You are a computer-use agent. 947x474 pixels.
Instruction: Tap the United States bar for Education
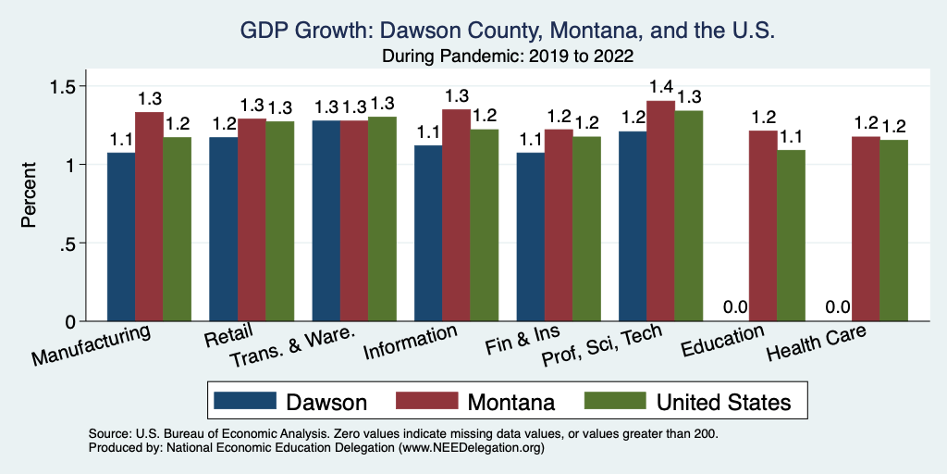[791, 236]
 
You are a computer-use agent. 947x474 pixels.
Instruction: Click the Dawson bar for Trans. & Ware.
[326, 221]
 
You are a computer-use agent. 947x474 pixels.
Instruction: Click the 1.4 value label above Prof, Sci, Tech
[660, 88]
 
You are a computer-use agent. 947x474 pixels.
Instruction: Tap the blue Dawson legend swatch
[245, 401]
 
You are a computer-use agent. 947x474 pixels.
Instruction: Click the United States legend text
[723, 402]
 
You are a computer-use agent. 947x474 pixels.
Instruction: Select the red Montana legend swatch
[428, 401]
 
